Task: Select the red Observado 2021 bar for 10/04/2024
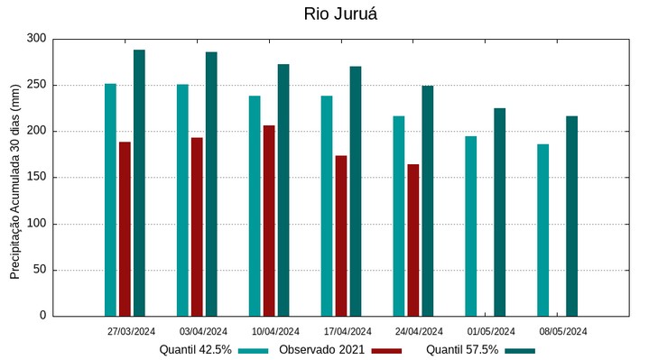click(269, 221)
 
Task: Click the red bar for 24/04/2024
click(413, 240)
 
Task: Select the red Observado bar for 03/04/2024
click(197, 226)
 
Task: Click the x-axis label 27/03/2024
click(131, 331)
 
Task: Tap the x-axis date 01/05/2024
click(491, 331)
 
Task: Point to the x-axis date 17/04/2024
click(348, 331)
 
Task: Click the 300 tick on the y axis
click(36, 39)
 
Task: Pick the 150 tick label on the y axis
click(36, 178)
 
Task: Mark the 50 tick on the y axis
click(40, 270)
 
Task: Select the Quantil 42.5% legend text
click(196, 350)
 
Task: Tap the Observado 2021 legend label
click(321, 350)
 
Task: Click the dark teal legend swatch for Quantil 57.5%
click(520, 350)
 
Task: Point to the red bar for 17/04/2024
click(341, 235)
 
